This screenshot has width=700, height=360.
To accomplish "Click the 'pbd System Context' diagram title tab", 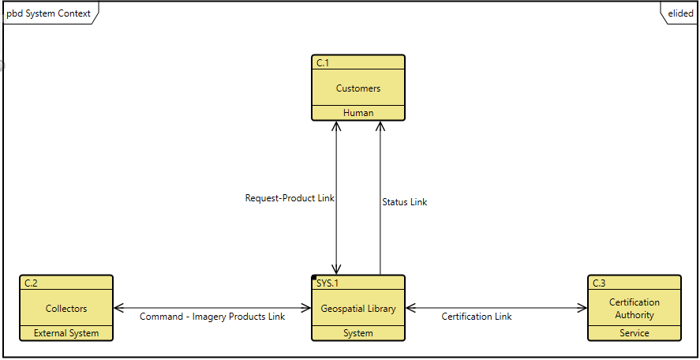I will point(48,13).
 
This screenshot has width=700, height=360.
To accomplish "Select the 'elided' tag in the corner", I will point(680,13).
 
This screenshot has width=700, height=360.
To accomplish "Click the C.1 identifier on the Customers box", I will point(324,62).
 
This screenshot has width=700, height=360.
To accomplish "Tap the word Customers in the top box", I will point(358,88).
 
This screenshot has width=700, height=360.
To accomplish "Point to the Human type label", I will point(358,113).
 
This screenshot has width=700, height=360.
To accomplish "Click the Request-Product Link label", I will point(290,198).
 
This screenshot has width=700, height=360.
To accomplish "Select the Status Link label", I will point(404,202).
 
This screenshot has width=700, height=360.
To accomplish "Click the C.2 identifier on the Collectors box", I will point(32,283).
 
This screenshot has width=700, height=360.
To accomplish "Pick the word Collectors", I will point(66,309).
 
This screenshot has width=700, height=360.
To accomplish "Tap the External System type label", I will point(66,333).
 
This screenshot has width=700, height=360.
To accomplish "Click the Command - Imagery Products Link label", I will point(212,317).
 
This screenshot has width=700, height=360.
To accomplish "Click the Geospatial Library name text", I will point(358,309).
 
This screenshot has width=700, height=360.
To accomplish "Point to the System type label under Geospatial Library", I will point(358,333).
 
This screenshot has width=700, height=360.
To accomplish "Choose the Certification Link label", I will point(476,317).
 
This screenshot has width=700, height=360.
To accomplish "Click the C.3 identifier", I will point(600,283).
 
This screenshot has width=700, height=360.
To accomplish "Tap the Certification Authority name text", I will point(634,309).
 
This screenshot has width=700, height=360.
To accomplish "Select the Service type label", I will point(634,333).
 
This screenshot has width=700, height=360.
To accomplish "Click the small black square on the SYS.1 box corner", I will point(314,278).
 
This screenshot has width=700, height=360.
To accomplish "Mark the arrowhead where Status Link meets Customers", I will point(380,125).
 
